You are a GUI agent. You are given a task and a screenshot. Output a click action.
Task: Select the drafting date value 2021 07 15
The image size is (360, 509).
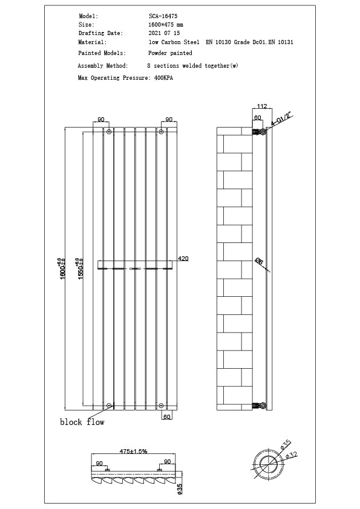tap(164, 33)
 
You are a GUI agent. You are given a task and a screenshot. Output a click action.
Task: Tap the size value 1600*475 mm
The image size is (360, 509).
tap(165, 25)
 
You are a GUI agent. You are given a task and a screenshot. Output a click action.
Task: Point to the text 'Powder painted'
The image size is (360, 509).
tap(170, 53)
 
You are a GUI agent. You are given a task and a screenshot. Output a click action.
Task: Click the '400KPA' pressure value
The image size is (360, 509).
tap(163, 79)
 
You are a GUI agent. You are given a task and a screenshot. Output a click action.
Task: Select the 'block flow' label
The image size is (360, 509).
tap(82, 422)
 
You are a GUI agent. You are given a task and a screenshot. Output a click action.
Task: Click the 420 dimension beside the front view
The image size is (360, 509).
tap(183, 259)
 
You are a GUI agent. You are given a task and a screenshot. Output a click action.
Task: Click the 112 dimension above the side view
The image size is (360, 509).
tap(262, 105)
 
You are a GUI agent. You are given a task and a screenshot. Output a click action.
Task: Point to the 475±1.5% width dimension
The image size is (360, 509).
tap(133, 451)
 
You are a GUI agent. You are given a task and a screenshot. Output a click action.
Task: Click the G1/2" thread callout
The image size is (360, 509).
tap(281, 118)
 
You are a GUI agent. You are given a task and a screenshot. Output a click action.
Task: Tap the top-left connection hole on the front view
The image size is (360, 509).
tap(109, 131)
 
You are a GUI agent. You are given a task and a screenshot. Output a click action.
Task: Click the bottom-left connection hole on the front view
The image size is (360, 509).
tap(109, 406)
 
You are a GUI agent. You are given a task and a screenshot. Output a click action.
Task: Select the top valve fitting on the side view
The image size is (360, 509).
tap(259, 131)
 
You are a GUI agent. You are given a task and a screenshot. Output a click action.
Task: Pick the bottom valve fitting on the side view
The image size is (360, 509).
tap(259, 406)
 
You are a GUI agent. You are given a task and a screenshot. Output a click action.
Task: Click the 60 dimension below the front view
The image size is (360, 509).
tap(168, 416)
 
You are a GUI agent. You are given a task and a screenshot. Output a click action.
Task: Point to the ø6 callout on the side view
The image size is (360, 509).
tap(259, 261)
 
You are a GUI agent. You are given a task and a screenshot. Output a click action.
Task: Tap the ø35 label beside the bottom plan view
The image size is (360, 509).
tap(180, 488)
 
